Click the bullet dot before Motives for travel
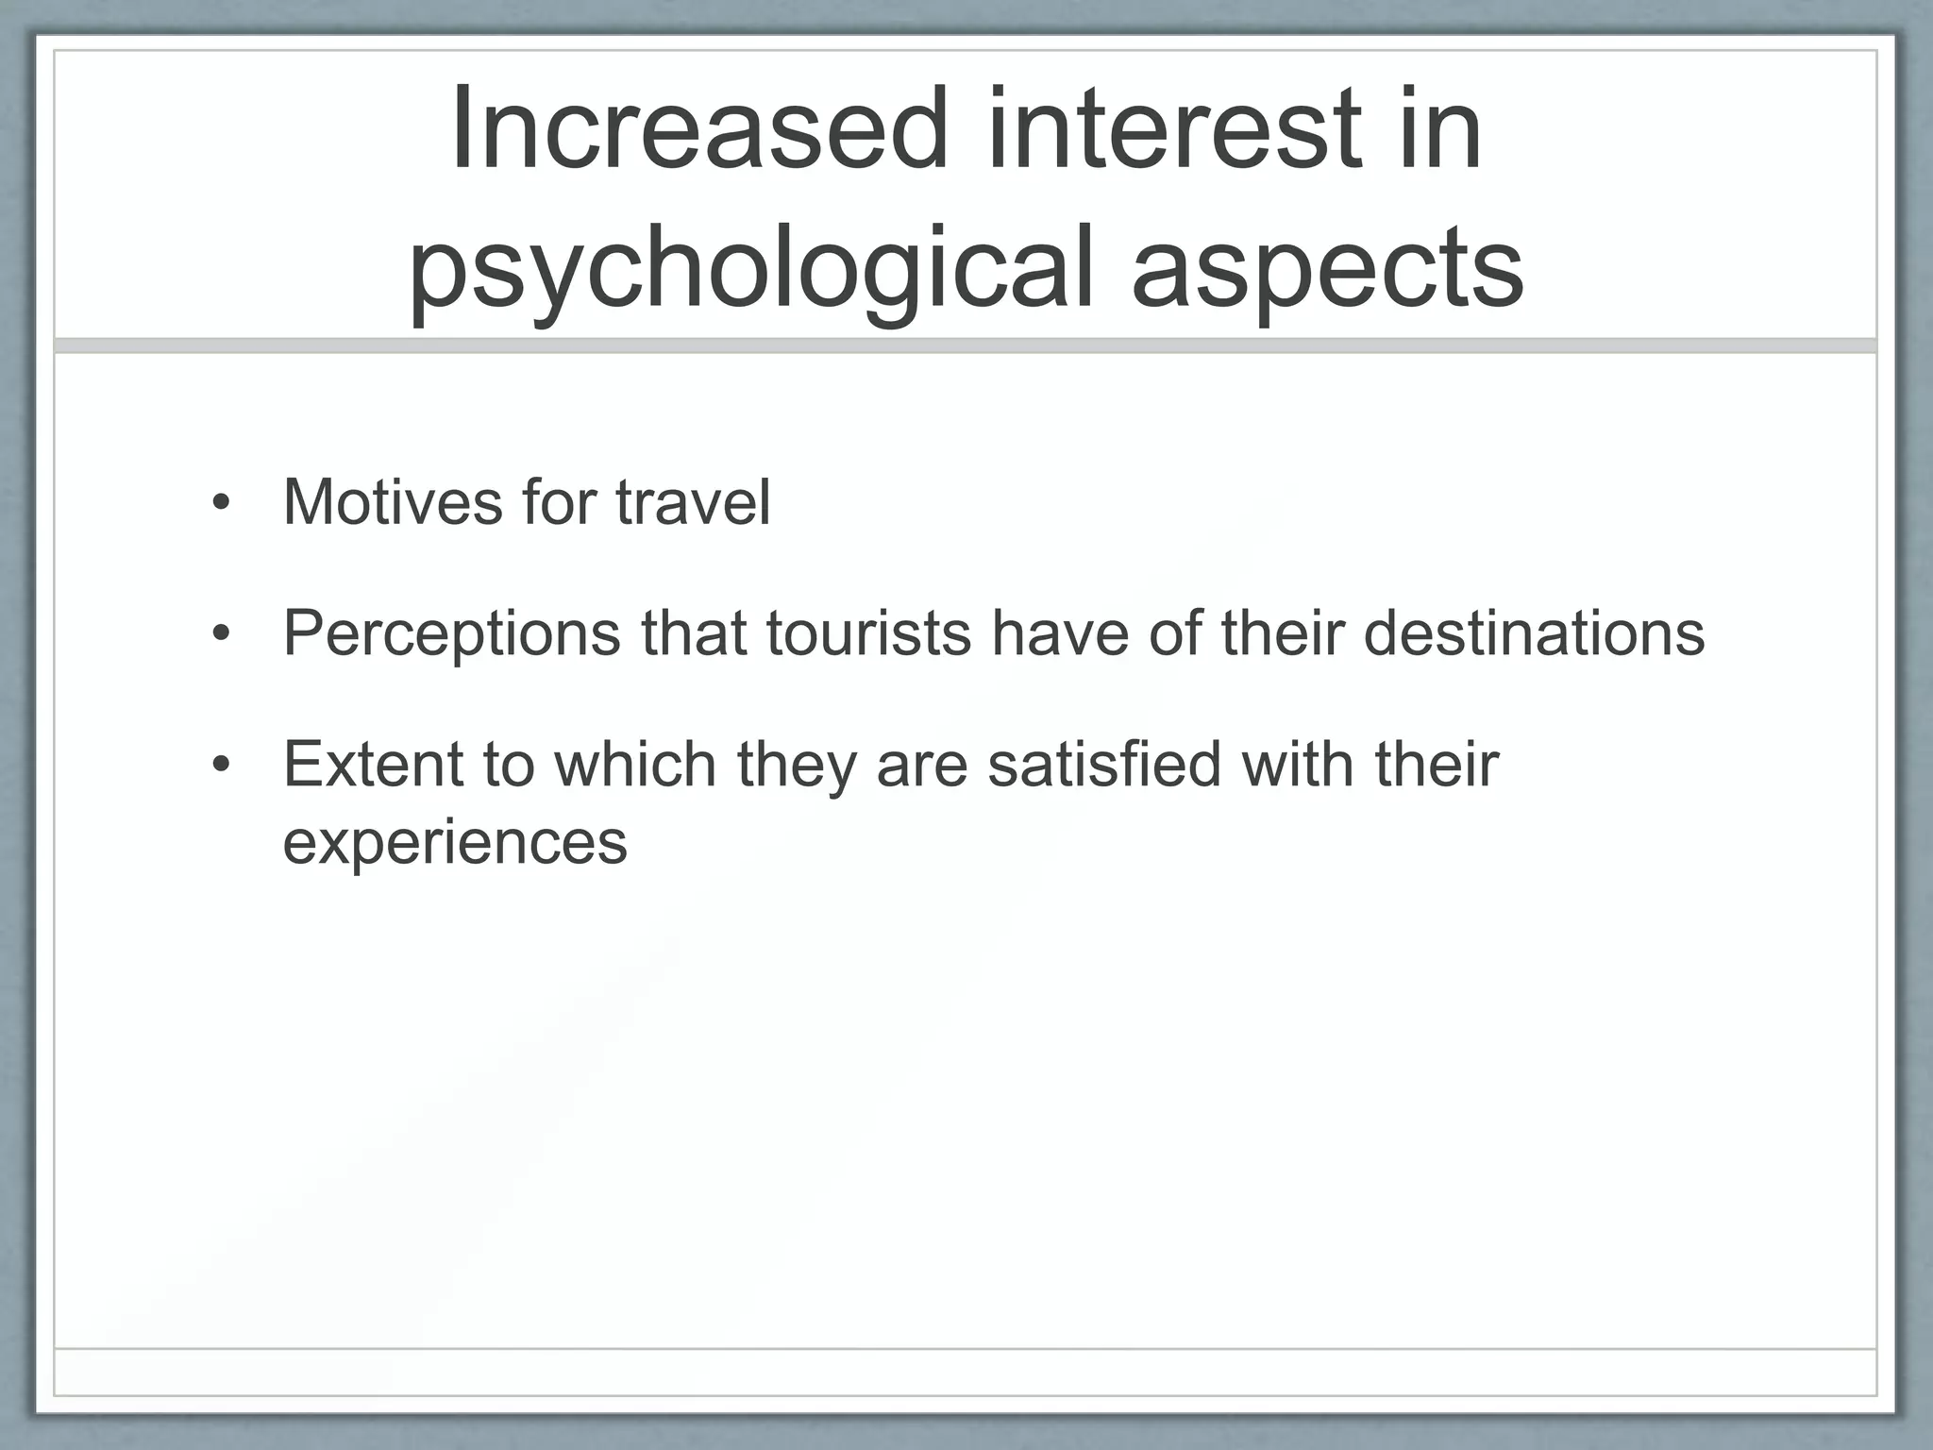point(221,502)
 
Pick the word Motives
point(393,502)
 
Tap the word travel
point(694,502)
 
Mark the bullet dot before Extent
point(221,764)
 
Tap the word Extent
point(373,764)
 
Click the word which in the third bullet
point(634,764)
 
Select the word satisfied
point(1104,764)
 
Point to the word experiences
point(455,842)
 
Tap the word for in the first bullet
point(559,502)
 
